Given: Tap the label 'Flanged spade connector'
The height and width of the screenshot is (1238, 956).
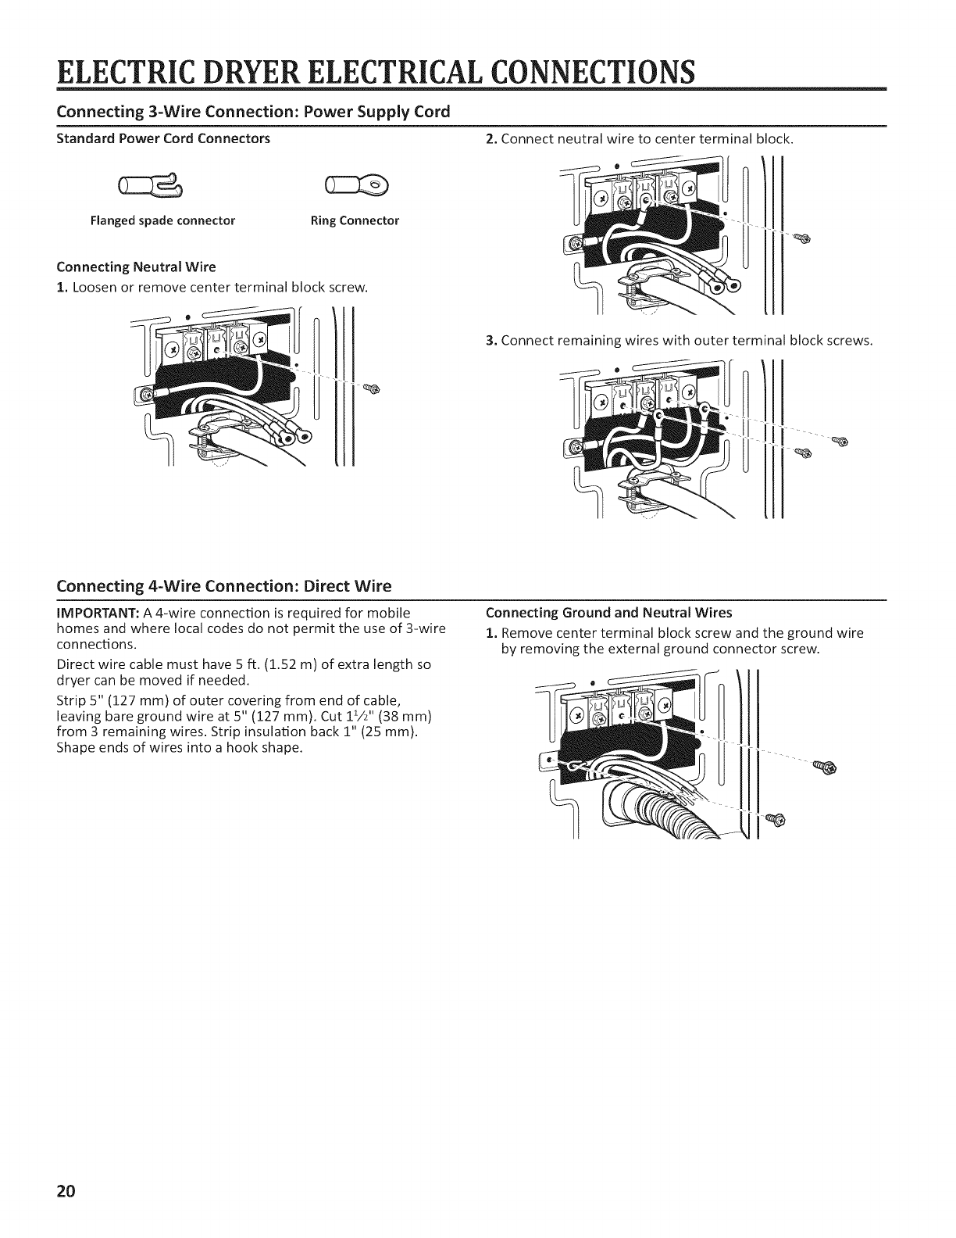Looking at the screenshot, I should (162, 220).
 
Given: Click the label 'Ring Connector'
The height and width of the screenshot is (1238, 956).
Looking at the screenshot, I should (355, 220).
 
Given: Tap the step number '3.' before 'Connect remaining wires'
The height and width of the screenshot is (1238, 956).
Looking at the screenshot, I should (490, 341).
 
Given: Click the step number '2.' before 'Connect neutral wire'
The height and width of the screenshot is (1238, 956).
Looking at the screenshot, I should (490, 139).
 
